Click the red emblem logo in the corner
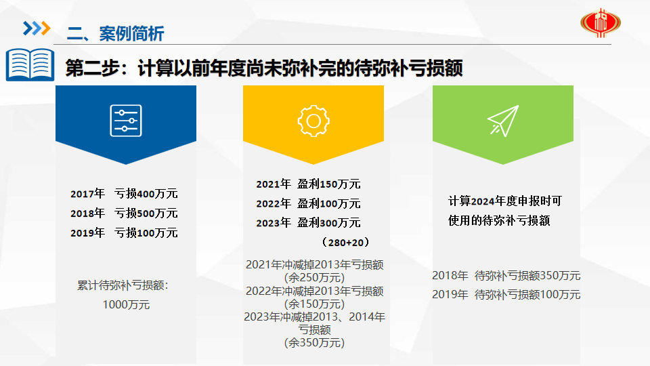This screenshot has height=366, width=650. tap(601, 23)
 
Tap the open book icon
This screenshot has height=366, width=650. tap(30, 64)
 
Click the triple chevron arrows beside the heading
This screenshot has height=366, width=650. tap(37, 28)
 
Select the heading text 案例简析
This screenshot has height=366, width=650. tap(131, 34)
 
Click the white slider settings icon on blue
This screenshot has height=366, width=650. tap(126, 121)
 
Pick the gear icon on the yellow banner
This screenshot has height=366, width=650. tap(313, 121)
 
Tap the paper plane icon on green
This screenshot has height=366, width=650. tap(503, 121)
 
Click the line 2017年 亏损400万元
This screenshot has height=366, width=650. tap(124, 193)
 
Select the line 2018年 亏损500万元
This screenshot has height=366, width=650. tap(124, 213)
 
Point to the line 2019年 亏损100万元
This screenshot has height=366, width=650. tap(124, 232)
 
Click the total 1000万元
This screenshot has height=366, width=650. tap(126, 304)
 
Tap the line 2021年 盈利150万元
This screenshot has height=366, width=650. tap(309, 184)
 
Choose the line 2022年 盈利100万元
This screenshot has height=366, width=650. tap(309, 203)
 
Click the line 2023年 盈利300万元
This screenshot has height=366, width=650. tap(309, 223)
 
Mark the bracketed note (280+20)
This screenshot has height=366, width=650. tap(345, 243)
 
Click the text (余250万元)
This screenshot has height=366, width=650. tap(314, 278)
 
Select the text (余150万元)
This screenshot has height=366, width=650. tap(314, 304)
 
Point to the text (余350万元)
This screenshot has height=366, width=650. tap(314, 343)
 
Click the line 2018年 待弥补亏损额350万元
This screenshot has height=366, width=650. tap(506, 276)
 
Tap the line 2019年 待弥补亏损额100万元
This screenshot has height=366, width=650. tap(506, 295)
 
